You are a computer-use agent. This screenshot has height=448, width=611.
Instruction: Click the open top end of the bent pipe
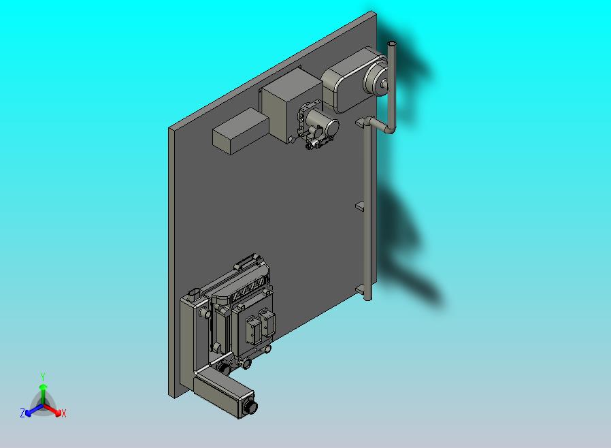point(391,44)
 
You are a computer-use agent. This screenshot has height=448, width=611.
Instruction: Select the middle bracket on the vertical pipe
point(361,205)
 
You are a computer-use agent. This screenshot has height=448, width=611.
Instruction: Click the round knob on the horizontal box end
point(251,407)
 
